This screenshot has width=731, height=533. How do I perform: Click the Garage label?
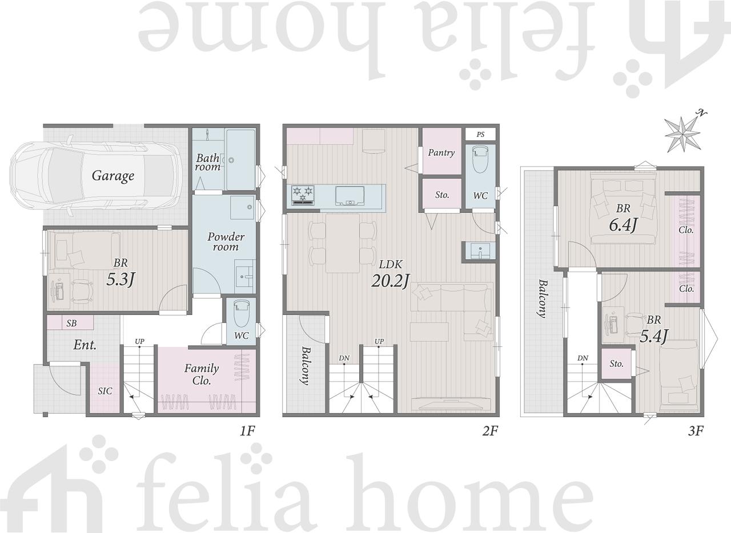point(113,176)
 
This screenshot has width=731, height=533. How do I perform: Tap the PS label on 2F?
point(480,135)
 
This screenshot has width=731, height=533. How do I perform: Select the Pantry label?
point(441,153)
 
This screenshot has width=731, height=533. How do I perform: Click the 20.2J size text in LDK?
point(390,281)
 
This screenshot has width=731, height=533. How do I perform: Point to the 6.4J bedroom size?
point(623,225)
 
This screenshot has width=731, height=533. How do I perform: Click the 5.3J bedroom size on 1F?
point(121,280)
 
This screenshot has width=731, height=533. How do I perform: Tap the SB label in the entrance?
point(71,323)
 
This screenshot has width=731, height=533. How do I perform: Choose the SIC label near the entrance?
point(105,391)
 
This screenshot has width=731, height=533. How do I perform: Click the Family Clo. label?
point(202,374)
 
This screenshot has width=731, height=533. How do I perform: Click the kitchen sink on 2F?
point(350,196)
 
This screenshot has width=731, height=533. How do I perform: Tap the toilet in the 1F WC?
point(242,313)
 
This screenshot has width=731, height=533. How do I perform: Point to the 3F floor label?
point(696,431)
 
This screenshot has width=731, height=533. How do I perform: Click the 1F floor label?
point(247,431)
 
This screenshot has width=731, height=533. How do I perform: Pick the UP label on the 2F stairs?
point(379,341)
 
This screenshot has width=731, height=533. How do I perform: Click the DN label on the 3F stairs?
point(583,358)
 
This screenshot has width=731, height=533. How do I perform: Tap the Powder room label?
point(226,242)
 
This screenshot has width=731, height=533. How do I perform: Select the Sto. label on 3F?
point(616,364)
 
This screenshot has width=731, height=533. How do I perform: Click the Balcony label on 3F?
point(542,298)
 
